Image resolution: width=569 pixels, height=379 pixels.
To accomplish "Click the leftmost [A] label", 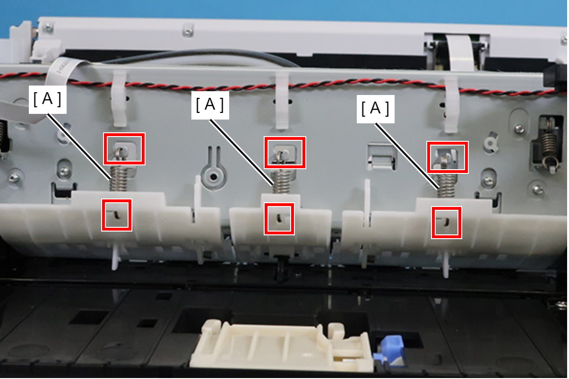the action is point(48,99).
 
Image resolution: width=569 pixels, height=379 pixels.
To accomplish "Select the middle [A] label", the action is point(210,105).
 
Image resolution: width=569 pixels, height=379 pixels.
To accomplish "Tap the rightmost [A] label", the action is point(375,109).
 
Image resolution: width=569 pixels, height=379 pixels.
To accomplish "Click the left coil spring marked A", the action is point(118,178).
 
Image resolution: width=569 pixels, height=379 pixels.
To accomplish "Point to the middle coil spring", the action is point(282,181).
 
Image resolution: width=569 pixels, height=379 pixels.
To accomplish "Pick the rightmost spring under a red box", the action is point(446,185).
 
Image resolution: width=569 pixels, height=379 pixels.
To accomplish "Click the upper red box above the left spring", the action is point(124,148).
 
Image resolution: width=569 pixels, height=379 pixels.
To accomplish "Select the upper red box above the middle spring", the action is point(285,153).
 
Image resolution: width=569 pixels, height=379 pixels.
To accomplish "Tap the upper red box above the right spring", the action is point(448,157).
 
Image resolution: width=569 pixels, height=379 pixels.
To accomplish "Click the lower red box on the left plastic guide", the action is point(117,215).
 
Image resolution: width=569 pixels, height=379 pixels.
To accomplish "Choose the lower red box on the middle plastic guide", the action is point(279,219).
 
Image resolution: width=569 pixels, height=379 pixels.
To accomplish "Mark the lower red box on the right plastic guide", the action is point(447,223).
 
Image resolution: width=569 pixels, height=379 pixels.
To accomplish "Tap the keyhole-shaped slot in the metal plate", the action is point(214,169).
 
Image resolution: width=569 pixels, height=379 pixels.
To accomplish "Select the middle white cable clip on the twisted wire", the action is point(282,101).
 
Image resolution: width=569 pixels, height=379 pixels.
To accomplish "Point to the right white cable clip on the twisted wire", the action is point(451,104).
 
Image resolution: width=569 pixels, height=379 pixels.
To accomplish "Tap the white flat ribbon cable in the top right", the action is point(460,52).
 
